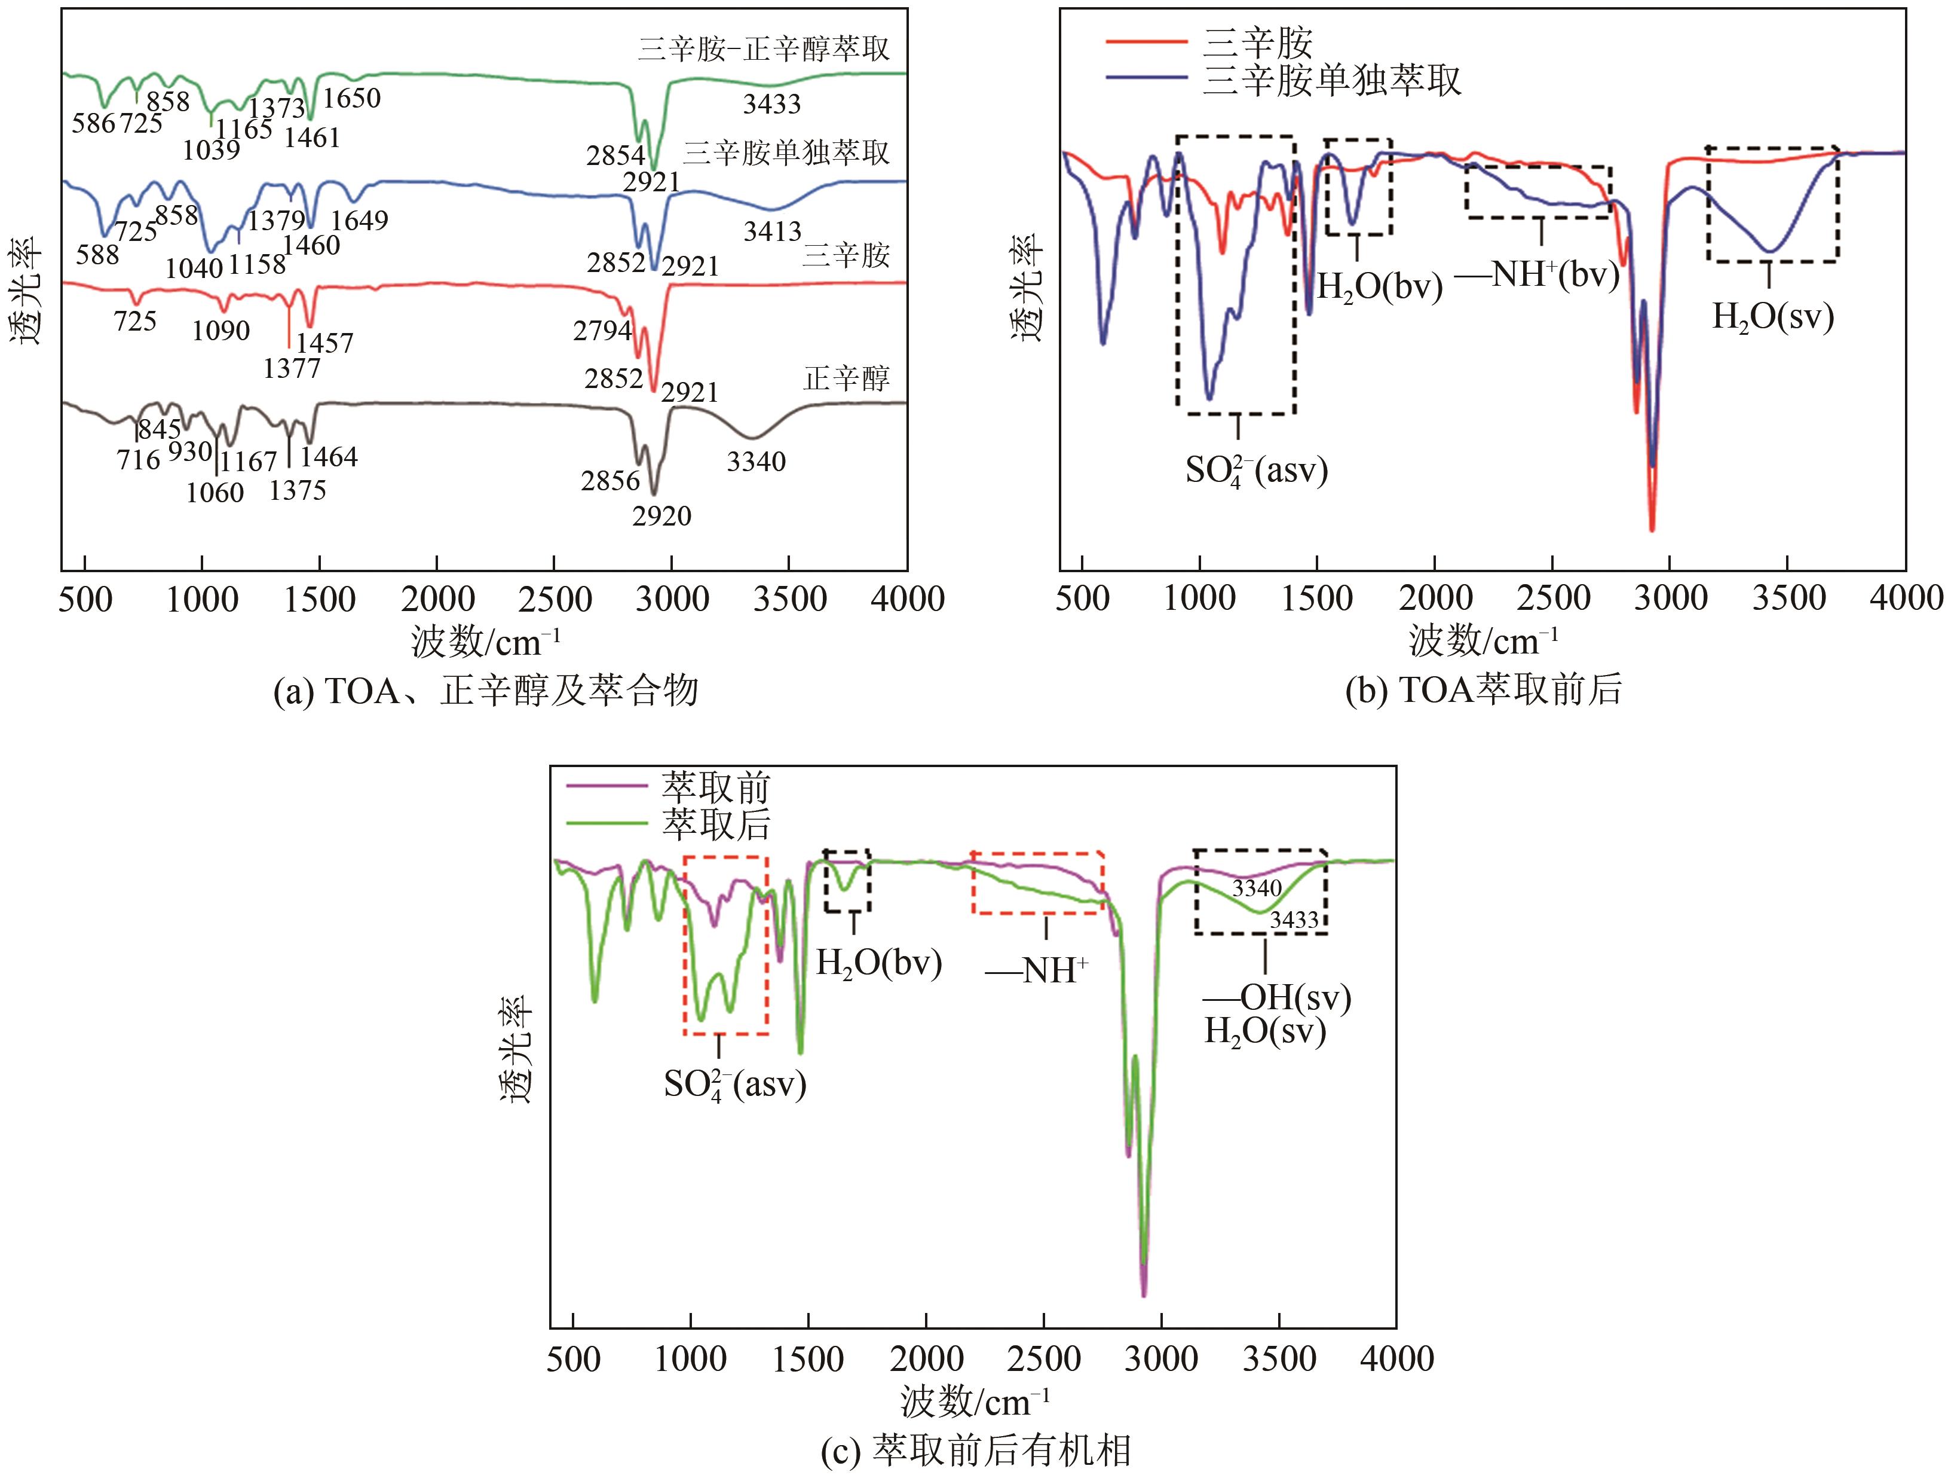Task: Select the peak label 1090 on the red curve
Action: tap(220, 331)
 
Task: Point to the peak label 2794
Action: tap(602, 330)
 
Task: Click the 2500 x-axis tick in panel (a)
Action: tap(554, 600)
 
